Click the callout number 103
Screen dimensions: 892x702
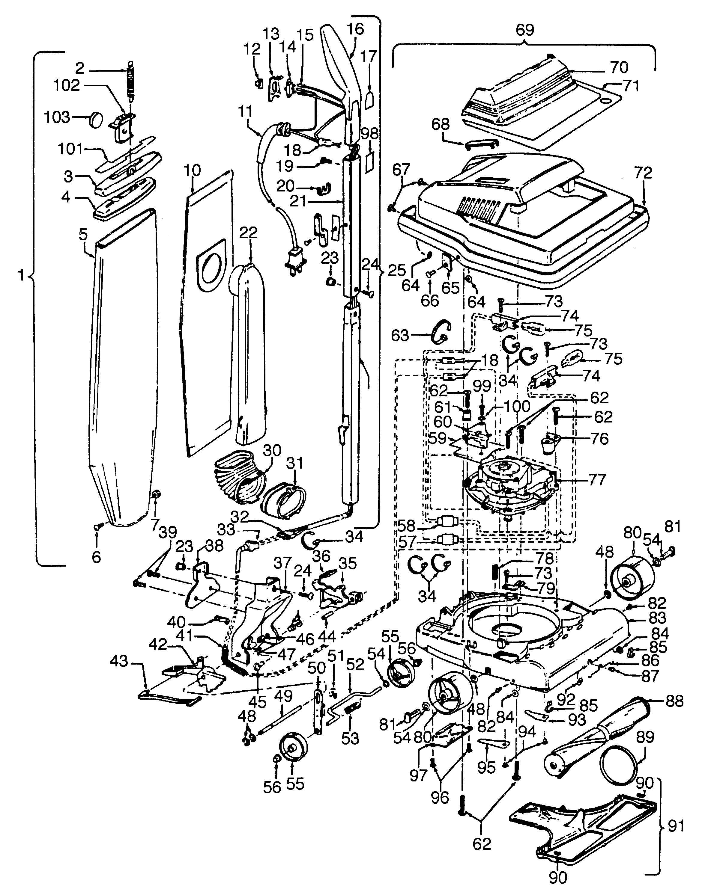57,117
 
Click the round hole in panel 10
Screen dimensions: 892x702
213,266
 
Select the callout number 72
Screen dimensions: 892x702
643,173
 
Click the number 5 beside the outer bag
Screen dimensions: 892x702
83,235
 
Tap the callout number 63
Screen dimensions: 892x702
399,336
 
